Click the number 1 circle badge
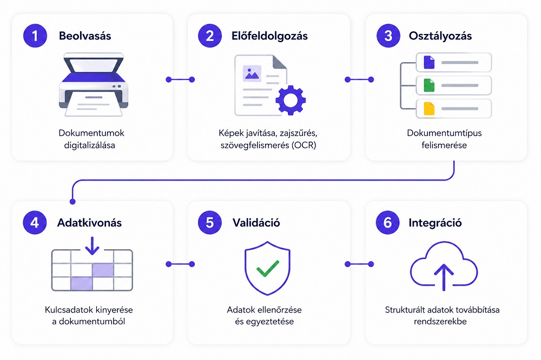35,36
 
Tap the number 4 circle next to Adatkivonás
35,223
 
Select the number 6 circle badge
388,223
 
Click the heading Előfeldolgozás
270,36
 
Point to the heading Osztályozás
440,36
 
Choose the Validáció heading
256,223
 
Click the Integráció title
435,223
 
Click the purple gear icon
291,100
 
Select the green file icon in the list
429,85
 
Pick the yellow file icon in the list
429,108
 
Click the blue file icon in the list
429,62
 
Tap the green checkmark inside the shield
268,268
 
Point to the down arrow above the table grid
93,245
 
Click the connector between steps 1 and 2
180,79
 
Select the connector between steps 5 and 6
358,264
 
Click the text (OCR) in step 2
304,145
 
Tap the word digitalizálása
92,145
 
